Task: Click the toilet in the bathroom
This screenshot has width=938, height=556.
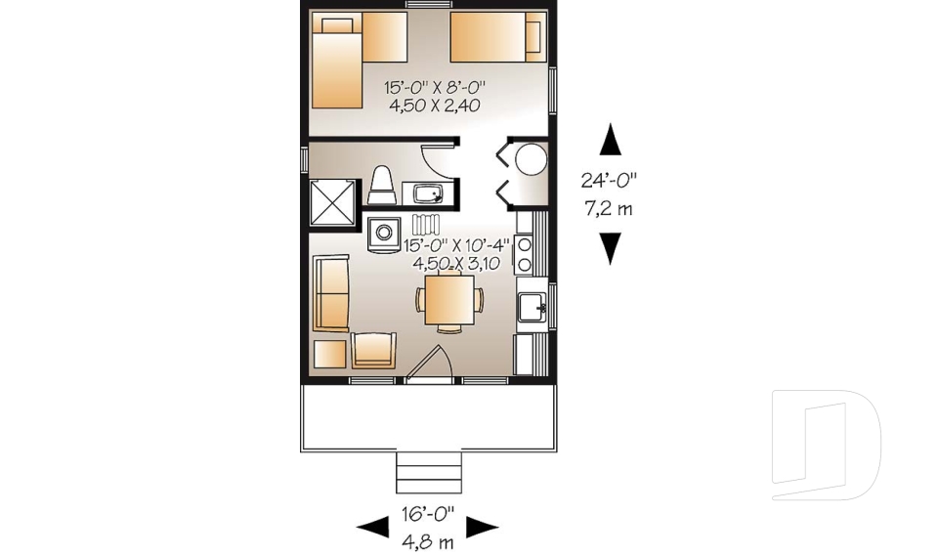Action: point(381,186)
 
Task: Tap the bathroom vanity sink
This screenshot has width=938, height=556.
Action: point(427,193)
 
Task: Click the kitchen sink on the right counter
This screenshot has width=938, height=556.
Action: point(533,308)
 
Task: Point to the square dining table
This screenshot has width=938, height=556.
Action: point(449,299)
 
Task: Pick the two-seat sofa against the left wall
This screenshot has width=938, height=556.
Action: point(330,293)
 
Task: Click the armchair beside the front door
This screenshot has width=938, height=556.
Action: point(374,349)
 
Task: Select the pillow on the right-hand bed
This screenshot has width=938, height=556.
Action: point(533,37)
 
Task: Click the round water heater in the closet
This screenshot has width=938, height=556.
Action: point(531,158)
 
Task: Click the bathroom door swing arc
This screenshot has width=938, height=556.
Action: point(437,159)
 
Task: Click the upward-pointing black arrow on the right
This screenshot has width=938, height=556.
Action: point(611,140)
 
